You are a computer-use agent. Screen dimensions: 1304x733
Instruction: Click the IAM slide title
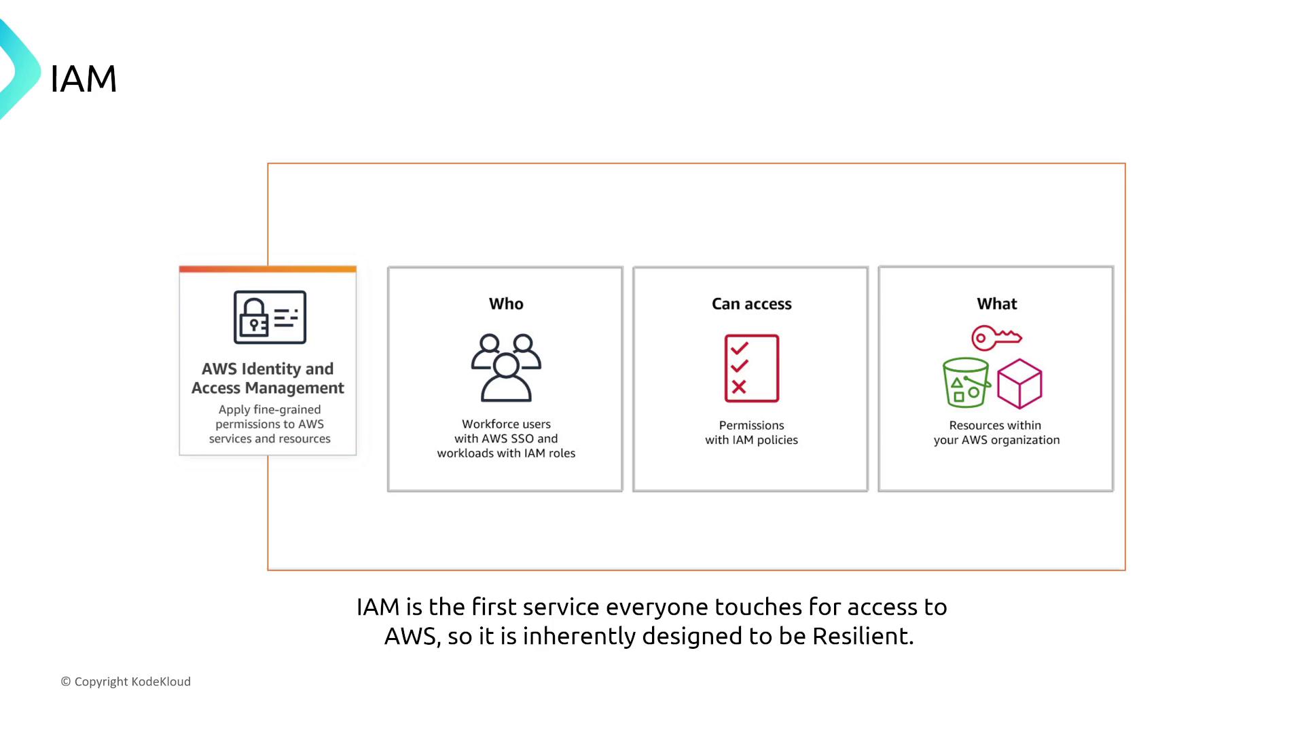click(x=84, y=79)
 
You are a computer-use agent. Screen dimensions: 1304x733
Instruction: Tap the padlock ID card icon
click(x=270, y=317)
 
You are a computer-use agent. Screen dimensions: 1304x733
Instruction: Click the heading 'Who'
click(x=506, y=304)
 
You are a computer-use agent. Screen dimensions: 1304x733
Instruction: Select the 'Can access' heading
click(x=751, y=304)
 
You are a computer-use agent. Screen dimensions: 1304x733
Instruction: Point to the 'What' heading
click(x=996, y=304)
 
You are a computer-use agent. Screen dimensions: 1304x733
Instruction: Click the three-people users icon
click(x=506, y=368)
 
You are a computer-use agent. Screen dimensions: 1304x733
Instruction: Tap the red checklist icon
click(x=751, y=369)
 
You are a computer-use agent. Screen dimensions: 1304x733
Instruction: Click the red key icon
click(x=996, y=337)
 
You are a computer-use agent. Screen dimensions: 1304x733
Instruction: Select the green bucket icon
click(x=966, y=383)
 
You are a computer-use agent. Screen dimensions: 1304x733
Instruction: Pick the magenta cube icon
click(x=1019, y=384)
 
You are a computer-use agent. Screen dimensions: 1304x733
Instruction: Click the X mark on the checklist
click(x=739, y=387)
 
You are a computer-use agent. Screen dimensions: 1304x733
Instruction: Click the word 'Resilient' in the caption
click(x=863, y=636)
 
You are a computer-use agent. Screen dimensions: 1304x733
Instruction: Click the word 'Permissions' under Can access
click(x=751, y=426)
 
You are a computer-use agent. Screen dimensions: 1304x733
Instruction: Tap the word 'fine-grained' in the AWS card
click(x=287, y=410)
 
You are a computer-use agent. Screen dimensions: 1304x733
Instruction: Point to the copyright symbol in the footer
click(x=66, y=681)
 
